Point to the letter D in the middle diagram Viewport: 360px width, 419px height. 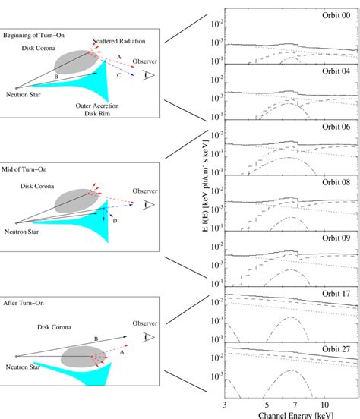click(115, 220)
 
